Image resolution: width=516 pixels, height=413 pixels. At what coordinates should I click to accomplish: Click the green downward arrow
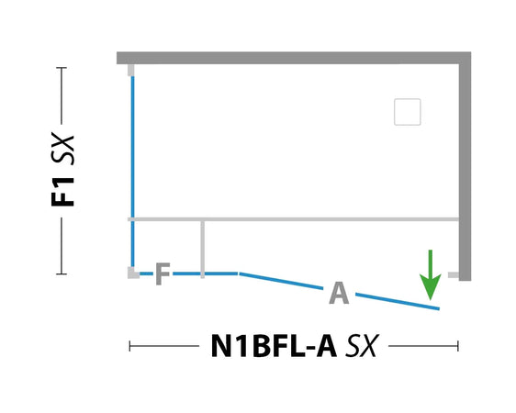(x=430, y=275)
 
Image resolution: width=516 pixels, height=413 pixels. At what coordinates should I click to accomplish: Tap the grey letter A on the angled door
(x=339, y=293)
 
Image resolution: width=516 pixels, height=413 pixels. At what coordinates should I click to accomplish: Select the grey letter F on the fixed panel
(x=163, y=273)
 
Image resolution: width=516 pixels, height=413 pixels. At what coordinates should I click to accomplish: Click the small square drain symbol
(x=408, y=112)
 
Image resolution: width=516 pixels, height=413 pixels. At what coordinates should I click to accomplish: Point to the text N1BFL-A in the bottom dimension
(x=274, y=346)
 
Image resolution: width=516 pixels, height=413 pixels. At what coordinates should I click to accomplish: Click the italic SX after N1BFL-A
(x=362, y=346)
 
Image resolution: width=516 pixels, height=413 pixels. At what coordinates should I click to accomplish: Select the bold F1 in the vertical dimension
(x=62, y=192)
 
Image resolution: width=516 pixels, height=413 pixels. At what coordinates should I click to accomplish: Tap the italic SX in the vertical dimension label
(x=62, y=149)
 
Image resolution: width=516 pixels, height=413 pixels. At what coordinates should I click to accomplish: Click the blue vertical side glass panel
(x=132, y=172)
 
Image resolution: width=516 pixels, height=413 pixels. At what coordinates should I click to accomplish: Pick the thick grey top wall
(x=294, y=58)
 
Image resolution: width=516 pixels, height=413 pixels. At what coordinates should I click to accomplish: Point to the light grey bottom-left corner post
(x=133, y=273)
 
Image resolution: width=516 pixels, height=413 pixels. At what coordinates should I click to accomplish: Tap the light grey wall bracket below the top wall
(x=131, y=70)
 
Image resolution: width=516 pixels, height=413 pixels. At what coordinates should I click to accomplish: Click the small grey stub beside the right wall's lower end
(x=454, y=275)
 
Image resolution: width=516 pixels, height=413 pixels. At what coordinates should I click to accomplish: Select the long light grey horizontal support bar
(x=293, y=219)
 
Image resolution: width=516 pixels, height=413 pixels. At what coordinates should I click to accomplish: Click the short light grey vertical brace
(x=202, y=250)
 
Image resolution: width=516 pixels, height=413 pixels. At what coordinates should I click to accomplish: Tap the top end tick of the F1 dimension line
(x=62, y=68)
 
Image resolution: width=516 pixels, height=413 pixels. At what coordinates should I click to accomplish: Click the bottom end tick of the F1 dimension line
(x=62, y=273)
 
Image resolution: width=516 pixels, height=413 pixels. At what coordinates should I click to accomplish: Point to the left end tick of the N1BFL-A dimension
(x=130, y=346)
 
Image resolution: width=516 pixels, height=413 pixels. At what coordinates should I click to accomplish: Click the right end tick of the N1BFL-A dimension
(x=458, y=346)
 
